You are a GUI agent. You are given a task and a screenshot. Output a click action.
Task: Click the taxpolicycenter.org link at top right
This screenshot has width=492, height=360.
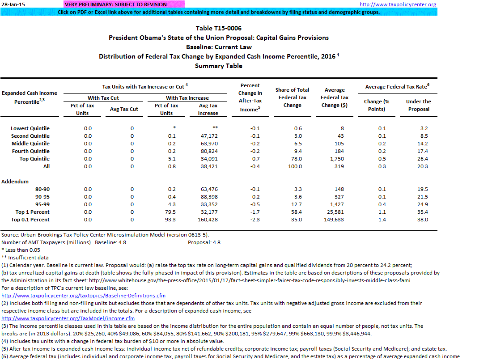[398, 4]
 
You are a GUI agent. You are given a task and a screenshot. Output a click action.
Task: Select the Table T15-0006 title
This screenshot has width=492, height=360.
[219, 28]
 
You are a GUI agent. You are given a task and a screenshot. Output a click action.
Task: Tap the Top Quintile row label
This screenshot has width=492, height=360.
[34, 159]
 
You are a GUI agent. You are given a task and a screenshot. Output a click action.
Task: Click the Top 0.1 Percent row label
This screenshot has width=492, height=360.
[30, 220]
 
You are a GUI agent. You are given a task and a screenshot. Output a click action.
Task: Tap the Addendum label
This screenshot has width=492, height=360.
[15, 182]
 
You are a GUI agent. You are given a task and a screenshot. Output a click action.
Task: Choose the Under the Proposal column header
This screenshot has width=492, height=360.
[418, 105]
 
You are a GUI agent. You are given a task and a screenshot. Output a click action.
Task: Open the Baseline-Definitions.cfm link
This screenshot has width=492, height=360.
[84, 296]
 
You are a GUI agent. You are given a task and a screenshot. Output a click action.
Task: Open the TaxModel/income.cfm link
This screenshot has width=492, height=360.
[68, 318]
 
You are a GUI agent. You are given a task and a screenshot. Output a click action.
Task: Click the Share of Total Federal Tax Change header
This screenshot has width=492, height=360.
[293, 97]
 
